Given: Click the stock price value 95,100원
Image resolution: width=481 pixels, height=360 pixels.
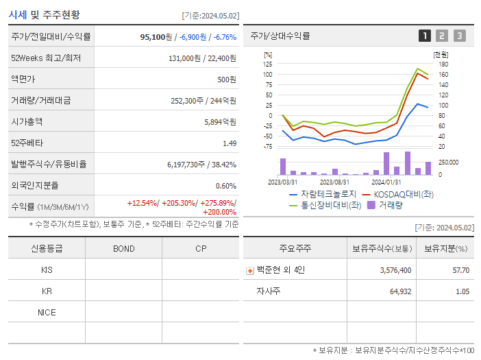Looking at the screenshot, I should (155, 36).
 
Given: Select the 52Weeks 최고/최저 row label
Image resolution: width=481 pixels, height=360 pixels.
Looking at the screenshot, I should (46, 58).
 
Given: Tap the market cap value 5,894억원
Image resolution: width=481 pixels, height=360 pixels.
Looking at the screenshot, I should (220, 122).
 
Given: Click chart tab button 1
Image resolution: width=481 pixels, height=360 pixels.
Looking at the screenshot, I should (425, 36).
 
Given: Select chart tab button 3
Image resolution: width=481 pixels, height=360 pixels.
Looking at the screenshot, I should (459, 36).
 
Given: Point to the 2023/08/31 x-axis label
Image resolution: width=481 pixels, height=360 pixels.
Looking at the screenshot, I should (335, 182).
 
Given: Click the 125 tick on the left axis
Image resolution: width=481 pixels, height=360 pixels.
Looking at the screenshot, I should (268, 64).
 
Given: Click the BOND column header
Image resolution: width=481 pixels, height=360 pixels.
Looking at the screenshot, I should (123, 248).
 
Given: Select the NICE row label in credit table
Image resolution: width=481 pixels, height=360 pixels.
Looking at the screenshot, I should (47, 312).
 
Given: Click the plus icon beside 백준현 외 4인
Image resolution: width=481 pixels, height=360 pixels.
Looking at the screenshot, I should (250, 270).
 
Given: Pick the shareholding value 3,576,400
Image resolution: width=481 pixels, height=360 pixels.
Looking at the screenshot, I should (395, 270).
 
